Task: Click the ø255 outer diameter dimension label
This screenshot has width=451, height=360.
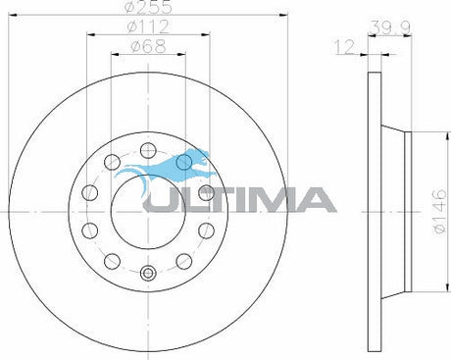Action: [149, 7]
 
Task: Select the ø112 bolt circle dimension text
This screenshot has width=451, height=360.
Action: [148, 26]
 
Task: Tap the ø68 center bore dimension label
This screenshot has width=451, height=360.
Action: [148, 46]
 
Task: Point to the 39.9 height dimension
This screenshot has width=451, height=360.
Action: [390, 27]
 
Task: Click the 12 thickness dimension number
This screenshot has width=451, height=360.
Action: [344, 47]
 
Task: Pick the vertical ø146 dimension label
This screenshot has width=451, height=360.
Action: [439, 211]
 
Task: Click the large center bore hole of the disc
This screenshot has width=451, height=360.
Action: [148, 212]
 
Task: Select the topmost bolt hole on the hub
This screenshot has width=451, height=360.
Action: [148, 150]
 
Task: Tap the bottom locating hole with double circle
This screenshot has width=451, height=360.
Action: [148, 273]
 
